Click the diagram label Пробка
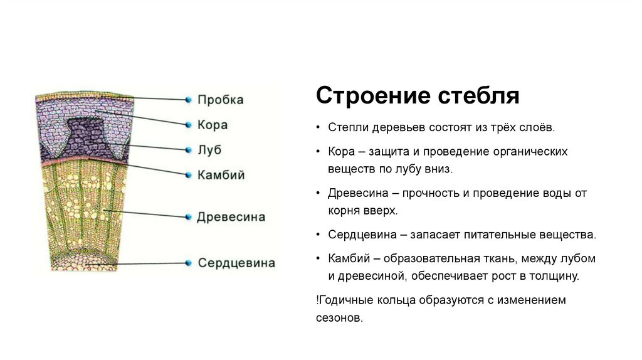tap(220, 100)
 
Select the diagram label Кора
tap(213, 124)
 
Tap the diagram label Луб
tap(209, 150)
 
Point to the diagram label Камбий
tap(221, 174)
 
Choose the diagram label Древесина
tap(231, 217)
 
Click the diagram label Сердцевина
tap(236, 263)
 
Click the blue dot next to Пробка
tap(187, 100)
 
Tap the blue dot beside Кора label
tap(187, 125)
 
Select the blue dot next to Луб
tap(187, 150)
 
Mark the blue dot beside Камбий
tap(187, 175)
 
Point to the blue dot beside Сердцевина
tap(187, 263)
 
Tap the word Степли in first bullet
tap(345, 127)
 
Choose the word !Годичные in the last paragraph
tap(344, 300)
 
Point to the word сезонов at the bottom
tap(339, 318)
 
